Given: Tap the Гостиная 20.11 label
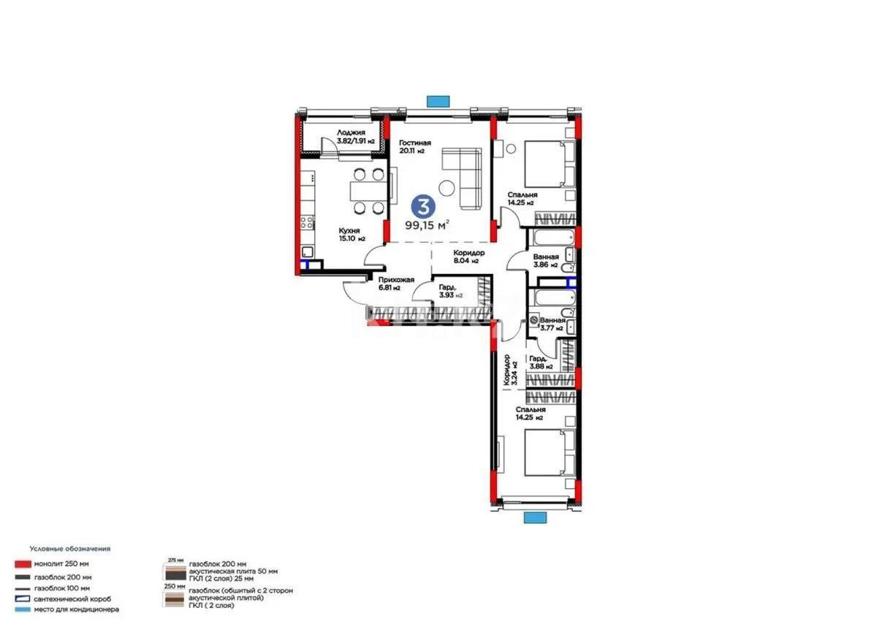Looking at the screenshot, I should pyautogui.click(x=414, y=147).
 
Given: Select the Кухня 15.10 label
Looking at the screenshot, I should pyautogui.click(x=352, y=234).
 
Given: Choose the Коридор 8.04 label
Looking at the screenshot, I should pyautogui.click(x=466, y=256).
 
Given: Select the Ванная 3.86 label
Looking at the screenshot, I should pyautogui.click(x=547, y=261).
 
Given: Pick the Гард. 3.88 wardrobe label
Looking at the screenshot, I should pyautogui.click(x=542, y=362).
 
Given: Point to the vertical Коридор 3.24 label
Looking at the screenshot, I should pyautogui.click(x=509, y=370).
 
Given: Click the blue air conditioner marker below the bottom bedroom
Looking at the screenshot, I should pyautogui.click(x=535, y=517).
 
